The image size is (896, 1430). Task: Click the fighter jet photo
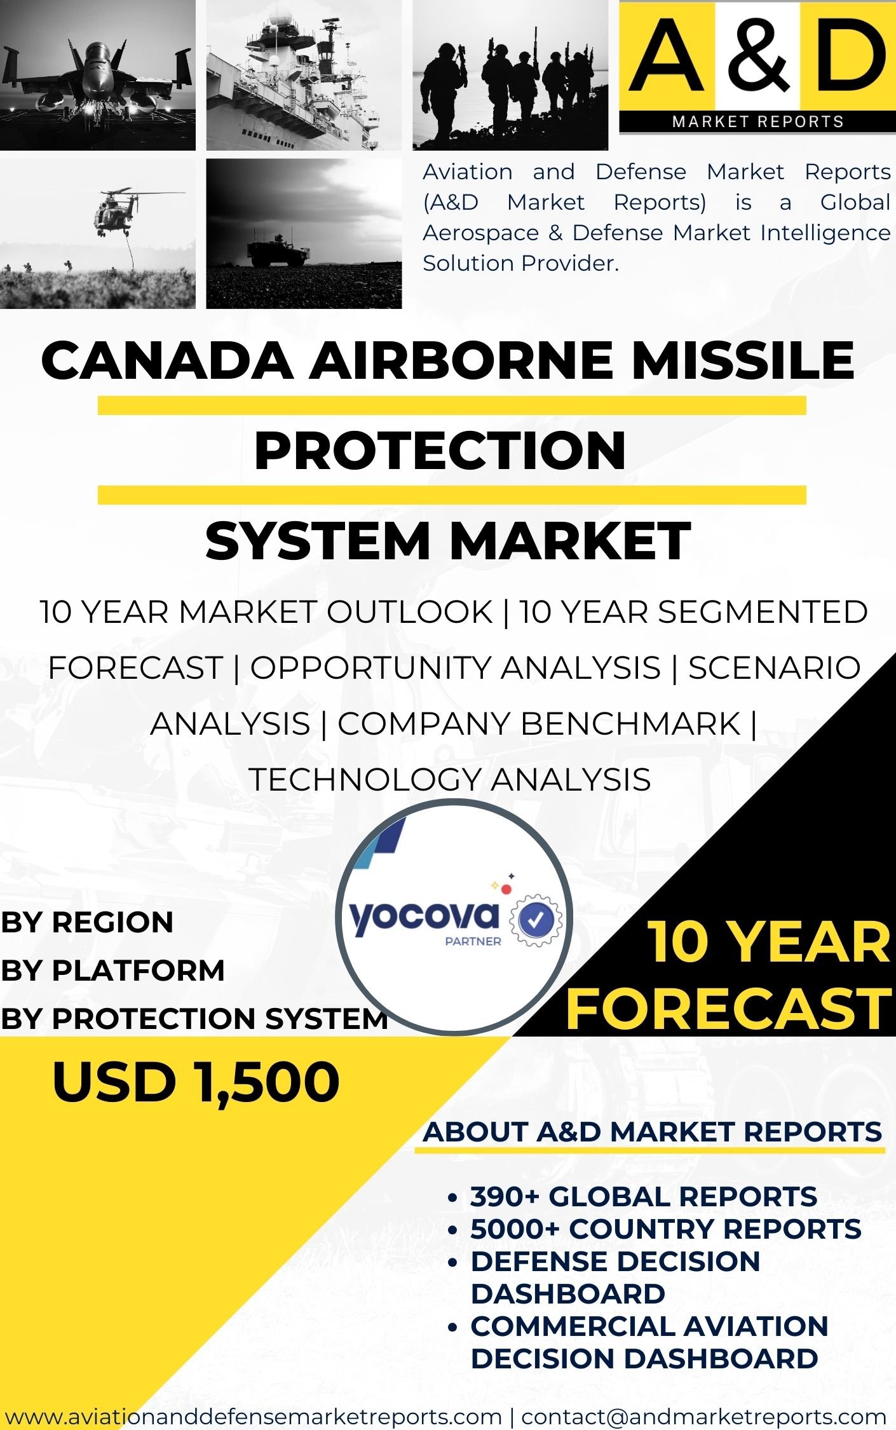click(98, 75)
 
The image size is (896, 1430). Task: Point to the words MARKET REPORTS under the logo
click(757, 121)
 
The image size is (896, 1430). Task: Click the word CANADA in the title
click(167, 360)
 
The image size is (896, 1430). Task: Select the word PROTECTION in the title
click(440, 451)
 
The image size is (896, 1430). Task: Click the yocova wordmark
click(424, 919)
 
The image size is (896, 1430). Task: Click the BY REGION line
click(87, 922)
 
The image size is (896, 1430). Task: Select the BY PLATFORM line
click(112, 970)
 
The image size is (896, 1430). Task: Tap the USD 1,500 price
click(196, 1082)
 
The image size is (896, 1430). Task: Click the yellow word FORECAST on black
click(728, 1009)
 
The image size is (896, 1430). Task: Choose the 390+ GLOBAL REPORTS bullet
click(643, 1197)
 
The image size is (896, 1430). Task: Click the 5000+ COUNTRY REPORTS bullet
click(665, 1229)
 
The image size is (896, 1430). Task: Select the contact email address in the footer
click(703, 1417)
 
